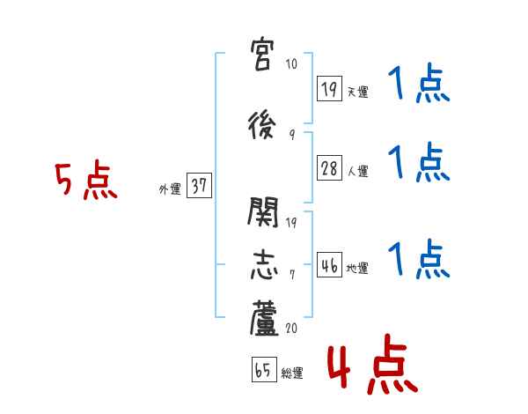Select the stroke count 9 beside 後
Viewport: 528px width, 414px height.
[291, 135]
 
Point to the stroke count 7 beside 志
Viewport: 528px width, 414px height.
[291, 273]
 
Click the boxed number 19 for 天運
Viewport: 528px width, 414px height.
[330, 88]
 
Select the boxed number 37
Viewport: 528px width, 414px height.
[199, 186]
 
